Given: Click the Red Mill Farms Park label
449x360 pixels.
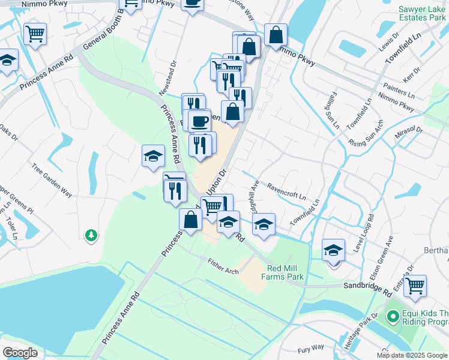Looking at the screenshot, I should pos(282,272).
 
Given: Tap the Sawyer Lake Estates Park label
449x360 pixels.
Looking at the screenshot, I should pos(423,13).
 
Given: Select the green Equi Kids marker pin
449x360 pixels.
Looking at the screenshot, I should pos(393,315).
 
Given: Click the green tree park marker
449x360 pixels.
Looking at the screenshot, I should pos(91,235).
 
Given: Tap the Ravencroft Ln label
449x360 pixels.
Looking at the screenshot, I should pos(286,191).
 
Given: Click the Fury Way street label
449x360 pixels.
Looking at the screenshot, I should pos(311,348).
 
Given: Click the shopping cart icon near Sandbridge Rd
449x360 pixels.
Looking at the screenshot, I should pos(415,286).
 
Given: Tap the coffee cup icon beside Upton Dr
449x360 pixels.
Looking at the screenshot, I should pos(199,121).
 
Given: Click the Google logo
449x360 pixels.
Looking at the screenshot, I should pos(20,353).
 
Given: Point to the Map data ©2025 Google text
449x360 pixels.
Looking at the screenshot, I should pos(412,355).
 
